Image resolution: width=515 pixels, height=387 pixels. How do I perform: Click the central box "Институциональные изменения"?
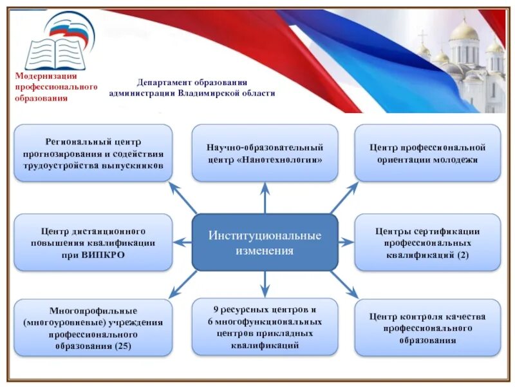(265, 242)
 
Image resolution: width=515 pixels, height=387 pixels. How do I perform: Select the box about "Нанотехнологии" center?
(265, 153)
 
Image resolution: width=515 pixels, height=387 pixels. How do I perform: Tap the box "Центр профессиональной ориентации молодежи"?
(427, 153)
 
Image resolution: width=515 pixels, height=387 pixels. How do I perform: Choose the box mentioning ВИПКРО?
(93, 242)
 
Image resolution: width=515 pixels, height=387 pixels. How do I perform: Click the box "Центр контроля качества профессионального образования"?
(427, 328)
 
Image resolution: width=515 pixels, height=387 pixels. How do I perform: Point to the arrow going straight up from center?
(265, 197)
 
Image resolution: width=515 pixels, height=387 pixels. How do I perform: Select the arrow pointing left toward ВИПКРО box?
(183, 242)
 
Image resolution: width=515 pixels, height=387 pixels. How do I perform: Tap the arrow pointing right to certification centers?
(346, 242)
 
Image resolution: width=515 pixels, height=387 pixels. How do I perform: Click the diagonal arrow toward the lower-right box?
(344, 284)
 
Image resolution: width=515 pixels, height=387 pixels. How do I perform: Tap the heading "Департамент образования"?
(192, 83)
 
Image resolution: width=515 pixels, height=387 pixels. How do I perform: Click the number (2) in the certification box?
(464, 255)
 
